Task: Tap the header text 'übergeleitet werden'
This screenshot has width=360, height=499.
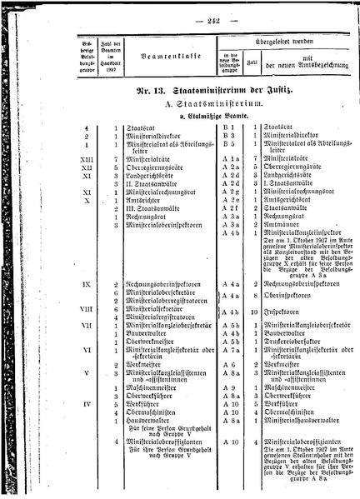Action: (x=292, y=38)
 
